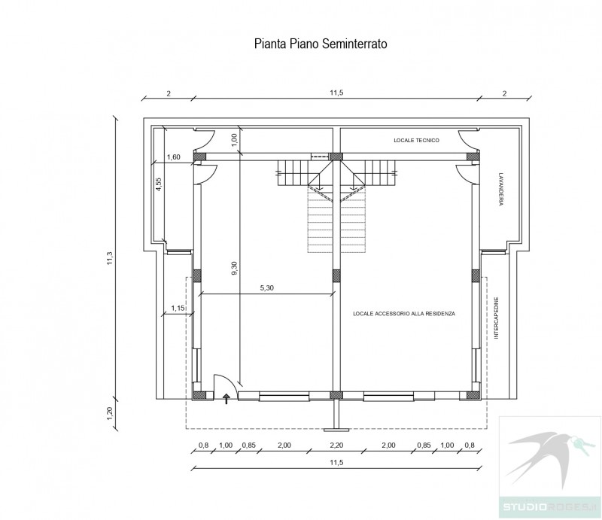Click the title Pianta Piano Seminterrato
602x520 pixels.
click(321, 44)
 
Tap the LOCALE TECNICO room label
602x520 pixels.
click(416, 141)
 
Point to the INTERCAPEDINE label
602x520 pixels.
click(496, 318)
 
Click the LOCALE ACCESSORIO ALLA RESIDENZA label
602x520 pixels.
click(404, 314)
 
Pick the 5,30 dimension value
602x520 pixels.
click(267, 288)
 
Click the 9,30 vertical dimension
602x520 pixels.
click(235, 268)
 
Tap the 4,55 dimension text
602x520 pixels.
click(158, 184)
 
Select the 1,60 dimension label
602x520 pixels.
click(174, 157)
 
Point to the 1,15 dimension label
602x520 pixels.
click(178, 308)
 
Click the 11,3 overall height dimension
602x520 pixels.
click(110, 258)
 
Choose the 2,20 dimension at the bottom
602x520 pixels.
click(336, 445)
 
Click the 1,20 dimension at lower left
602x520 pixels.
click(110, 414)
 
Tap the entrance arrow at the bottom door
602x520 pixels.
click(227, 399)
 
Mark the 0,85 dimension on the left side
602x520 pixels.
click(249, 445)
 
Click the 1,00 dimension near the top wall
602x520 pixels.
click(235, 139)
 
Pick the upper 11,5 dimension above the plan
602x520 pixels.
click(336, 93)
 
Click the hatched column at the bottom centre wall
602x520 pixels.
click(336, 395)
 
